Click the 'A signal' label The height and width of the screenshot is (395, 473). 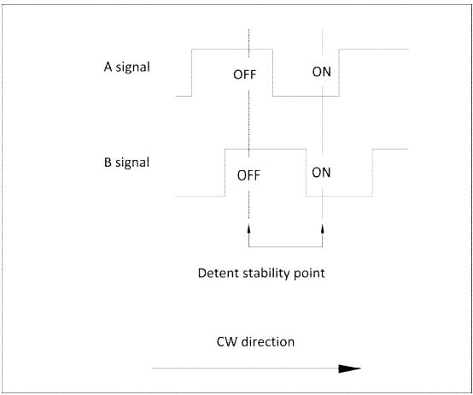click(126, 67)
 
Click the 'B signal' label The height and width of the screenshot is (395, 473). click(126, 162)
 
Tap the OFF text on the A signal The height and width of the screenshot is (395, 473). click(245, 74)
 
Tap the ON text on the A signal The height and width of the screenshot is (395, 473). click(322, 72)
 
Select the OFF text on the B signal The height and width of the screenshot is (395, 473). click(248, 175)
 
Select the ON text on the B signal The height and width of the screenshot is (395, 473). click(321, 173)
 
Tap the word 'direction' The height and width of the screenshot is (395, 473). click(267, 342)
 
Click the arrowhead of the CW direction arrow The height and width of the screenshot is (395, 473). click(350, 368)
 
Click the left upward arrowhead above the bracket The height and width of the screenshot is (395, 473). click(248, 228)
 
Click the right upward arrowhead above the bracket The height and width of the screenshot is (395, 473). click(323, 228)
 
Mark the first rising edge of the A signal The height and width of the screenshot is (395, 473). click(192, 73)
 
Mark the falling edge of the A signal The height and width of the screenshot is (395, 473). click(272, 73)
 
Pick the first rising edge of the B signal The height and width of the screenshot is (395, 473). click(225, 173)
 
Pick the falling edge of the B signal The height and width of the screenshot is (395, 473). click(307, 173)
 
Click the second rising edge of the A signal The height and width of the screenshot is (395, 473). click(339, 73)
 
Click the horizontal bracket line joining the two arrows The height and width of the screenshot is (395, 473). click(286, 247)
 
